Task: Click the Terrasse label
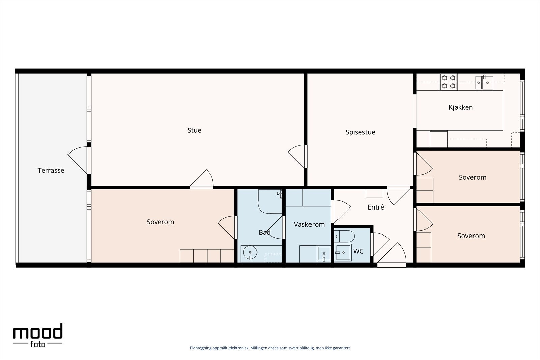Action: tap(51, 171)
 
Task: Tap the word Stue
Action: tap(194, 130)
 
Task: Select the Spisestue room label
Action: tap(360, 132)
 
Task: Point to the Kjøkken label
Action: tap(461, 107)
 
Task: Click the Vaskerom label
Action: tap(309, 225)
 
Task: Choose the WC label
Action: tap(358, 251)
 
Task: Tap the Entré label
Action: tap(376, 207)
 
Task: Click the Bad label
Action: tap(265, 232)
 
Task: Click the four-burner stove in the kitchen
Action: tap(449, 82)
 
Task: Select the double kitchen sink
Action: tap(484, 82)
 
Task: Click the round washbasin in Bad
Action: tap(250, 252)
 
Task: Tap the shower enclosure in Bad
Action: tap(270, 201)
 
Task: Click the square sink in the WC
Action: tap(343, 252)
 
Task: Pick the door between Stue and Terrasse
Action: tap(78, 160)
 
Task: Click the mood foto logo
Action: tap(38, 335)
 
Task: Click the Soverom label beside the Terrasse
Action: tap(160, 222)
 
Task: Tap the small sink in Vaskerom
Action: tap(324, 254)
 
